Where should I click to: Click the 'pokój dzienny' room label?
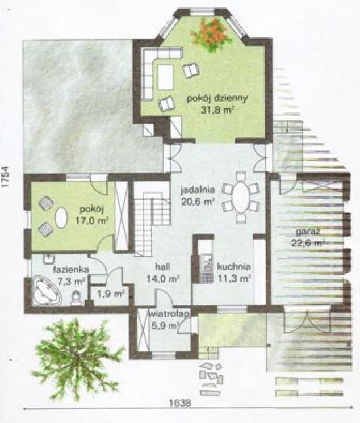click(x=217, y=98)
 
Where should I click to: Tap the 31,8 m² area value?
click(x=217, y=110)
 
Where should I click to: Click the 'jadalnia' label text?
click(x=198, y=190)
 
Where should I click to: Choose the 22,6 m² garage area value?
click(x=308, y=243)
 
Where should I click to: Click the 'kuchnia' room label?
click(x=234, y=266)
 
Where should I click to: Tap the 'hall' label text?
click(x=163, y=266)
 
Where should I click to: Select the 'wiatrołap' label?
click(x=170, y=314)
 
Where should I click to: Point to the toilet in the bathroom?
click(x=76, y=299)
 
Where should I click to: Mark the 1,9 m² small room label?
click(x=110, y=294)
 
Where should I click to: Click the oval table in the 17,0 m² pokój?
click(x=61, y=218)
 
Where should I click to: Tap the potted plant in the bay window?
click(x=211, y=34)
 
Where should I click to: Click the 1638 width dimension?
click(x=180, y=403)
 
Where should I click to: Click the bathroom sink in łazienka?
click(x=49, y=259)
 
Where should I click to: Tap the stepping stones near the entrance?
click(x=211, y=378)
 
